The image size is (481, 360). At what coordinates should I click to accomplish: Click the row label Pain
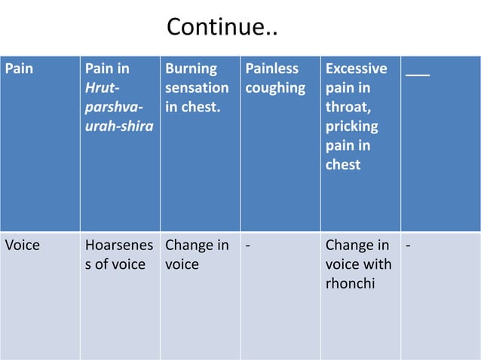click(x=20, y=69)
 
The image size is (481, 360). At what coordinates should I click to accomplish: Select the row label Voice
click(x=23, y=246)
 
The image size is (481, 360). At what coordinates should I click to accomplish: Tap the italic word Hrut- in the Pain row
click(x=103, y=88)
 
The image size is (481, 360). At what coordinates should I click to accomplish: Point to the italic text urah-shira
click(x=119, y=126)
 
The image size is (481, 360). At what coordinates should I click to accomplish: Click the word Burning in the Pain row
click(x=191, y=69)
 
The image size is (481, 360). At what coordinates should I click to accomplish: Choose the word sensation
click(x=197, y=88)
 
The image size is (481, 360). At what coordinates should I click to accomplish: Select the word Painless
click(x=272, y=69)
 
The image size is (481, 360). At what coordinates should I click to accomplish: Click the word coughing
click(x=275, y=88)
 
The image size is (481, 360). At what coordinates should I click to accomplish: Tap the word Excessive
click(x=357, y=69)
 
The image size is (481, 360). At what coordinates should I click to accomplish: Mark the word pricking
click(x=352, y=126)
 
